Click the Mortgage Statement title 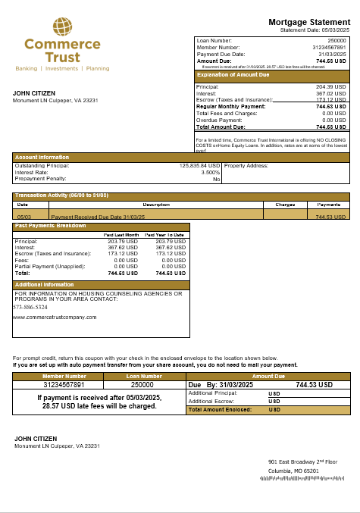(309, 22)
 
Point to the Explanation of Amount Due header (233, 74)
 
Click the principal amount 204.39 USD (330, 87)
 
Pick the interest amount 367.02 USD (330, 94)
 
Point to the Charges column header (284, 205)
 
